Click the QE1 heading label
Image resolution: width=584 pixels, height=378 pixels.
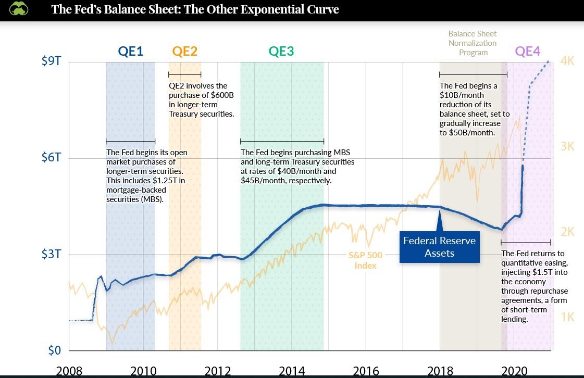point(130,51)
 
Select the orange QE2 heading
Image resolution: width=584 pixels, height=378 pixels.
point(185,51)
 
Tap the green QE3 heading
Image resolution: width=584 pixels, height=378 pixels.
point(281,51)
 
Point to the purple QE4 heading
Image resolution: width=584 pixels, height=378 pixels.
point(528,51)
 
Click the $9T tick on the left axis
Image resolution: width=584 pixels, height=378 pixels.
point(51,61)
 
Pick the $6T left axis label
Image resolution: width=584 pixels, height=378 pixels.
point(51,158)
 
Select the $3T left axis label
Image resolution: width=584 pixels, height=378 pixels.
point(51,255)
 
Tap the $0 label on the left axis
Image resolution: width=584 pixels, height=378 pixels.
point(54,350)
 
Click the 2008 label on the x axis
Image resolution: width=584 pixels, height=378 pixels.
point(69,371)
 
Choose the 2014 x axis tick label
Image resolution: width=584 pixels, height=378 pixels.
point(292,371)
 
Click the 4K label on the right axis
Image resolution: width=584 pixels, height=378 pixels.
point(567,61)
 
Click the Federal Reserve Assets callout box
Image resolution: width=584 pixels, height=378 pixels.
point(439,247)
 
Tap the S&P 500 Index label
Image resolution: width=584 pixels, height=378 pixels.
point(365,260)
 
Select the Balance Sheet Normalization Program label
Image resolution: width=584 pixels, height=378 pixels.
point(473,43)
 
